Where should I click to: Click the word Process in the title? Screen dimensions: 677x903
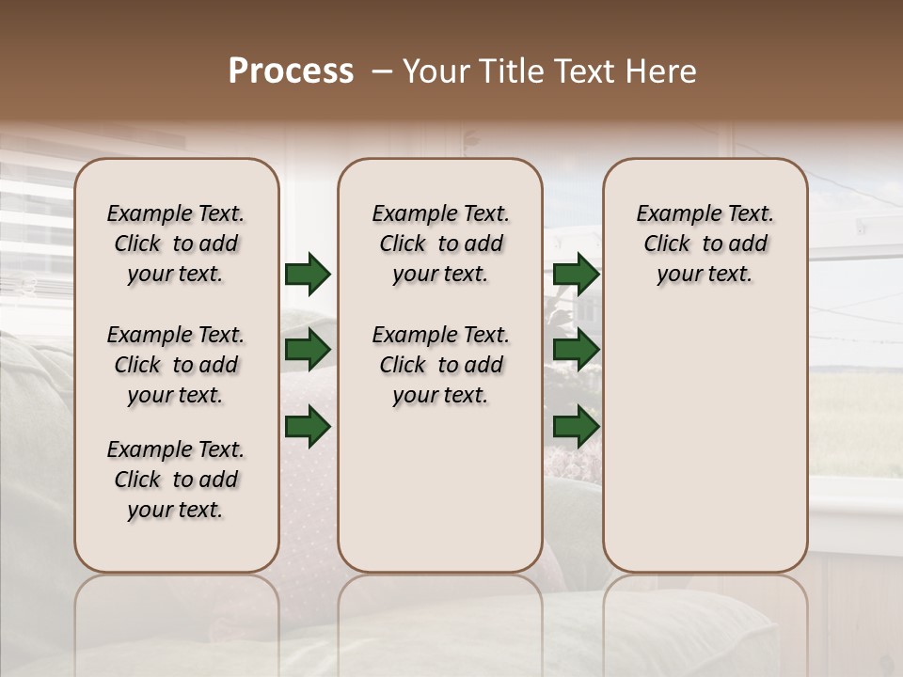(291, 71)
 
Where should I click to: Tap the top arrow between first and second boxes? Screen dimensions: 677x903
(308, 275)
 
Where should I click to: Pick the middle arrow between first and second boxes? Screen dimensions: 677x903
(308, 350)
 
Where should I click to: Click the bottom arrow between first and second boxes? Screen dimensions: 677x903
(308, 428)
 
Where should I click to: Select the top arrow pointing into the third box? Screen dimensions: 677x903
(577, 275)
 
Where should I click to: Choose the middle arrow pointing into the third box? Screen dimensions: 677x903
(577, 350)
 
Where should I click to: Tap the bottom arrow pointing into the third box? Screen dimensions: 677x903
(577, 428)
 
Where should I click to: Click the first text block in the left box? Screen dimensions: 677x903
(176, 244)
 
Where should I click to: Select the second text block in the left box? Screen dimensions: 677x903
(176, 365)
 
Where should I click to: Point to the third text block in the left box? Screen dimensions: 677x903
(176, 480)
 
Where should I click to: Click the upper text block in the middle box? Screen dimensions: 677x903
(440, 244)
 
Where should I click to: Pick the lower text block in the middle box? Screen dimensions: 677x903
(440, 365)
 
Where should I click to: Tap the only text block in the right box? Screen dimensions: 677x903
(705, 244)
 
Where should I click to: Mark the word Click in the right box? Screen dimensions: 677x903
(667, 244)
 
